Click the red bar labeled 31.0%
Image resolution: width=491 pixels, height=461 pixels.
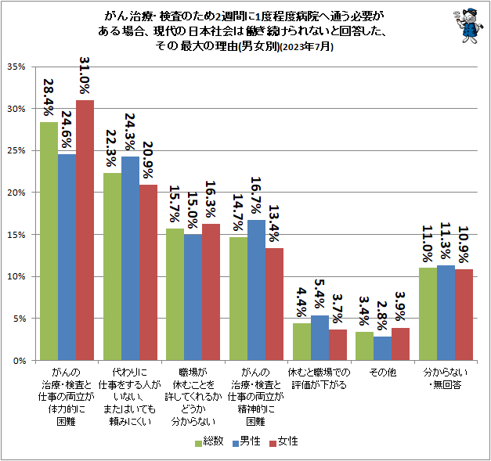tap(85, 230)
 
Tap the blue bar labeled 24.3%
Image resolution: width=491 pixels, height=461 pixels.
tap(130, 258)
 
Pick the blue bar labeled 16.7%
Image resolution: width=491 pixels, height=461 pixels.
tap(256, 290)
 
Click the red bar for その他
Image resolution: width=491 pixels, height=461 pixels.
tap(400, 344)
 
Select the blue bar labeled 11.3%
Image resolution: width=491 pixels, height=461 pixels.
tap(446, 312)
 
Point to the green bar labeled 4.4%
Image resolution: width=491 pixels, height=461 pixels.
tap(301, 341)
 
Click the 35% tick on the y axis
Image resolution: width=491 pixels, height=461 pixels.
tap(18, 67)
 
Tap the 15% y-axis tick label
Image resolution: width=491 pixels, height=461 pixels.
tap(18, 235)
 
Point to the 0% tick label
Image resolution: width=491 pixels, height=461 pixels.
tap(21, 361)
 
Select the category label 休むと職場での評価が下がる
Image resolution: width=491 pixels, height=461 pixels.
tap(319, 380)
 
